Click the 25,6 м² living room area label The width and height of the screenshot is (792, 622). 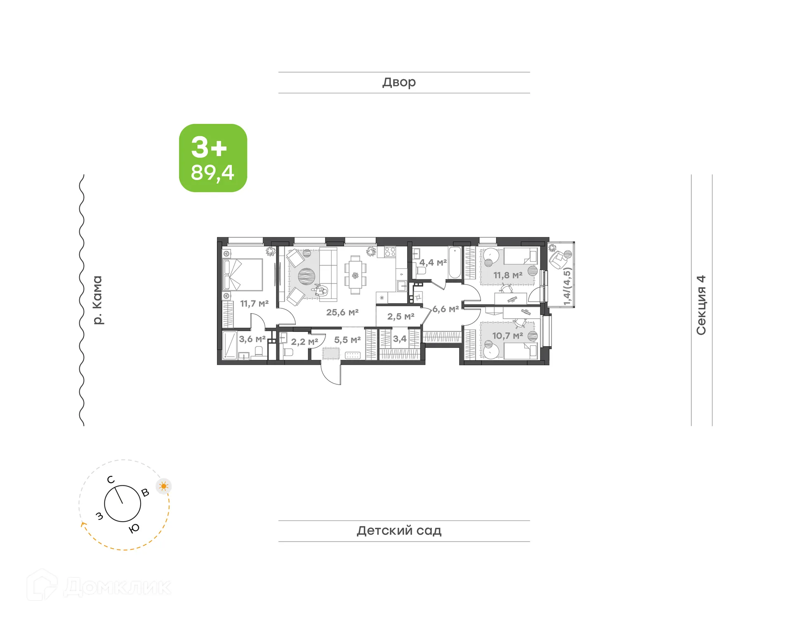pos(342,312)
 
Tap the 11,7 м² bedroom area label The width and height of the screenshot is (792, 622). pos(254,304)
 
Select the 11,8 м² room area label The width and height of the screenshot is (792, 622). pos(507,275)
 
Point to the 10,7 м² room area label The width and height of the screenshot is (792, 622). pos(507,336)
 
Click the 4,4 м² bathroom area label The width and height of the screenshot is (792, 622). pos(433,263)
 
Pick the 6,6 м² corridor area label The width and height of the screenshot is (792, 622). pos(445,309)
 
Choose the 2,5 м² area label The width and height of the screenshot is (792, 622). pos(400,317)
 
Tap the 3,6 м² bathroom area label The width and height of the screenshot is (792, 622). pos(252,339)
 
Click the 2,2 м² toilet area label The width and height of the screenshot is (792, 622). pos(304,342)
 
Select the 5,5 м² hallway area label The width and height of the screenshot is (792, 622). pos(347,340)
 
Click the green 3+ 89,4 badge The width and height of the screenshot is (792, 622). pos(213,158)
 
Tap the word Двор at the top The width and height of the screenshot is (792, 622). pos(399,83)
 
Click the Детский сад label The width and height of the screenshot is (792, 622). pos(399,530)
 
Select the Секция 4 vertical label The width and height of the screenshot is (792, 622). pos(701,305)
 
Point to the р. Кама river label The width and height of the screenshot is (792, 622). pos(97,300)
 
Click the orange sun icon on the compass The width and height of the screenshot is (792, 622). pos(164,486)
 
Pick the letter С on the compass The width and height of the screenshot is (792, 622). pos(111,480)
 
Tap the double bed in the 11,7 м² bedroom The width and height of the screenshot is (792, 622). pos(243,275)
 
